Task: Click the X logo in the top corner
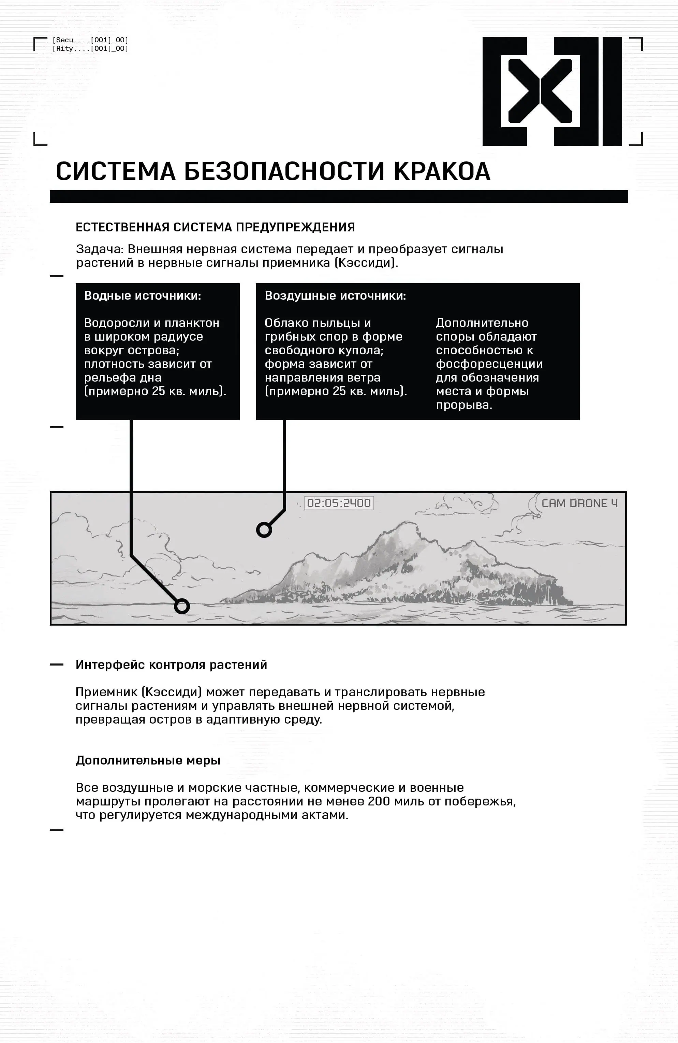[552, 91]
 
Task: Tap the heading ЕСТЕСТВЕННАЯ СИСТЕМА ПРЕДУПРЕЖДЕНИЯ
[215, 227]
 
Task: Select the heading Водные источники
[142, 296]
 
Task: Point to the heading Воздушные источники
[335, 296]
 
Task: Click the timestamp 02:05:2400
[339, 503]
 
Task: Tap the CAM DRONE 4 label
[579, 503]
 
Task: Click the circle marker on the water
[182, 606]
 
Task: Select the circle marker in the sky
[264, 530]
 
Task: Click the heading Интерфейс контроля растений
[171, 665]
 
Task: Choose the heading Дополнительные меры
[148, 760]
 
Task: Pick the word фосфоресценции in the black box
[489, 364]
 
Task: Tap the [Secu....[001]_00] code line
[90, 40]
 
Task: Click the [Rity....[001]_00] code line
[90, 49]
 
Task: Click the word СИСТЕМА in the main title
[116, 171]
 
